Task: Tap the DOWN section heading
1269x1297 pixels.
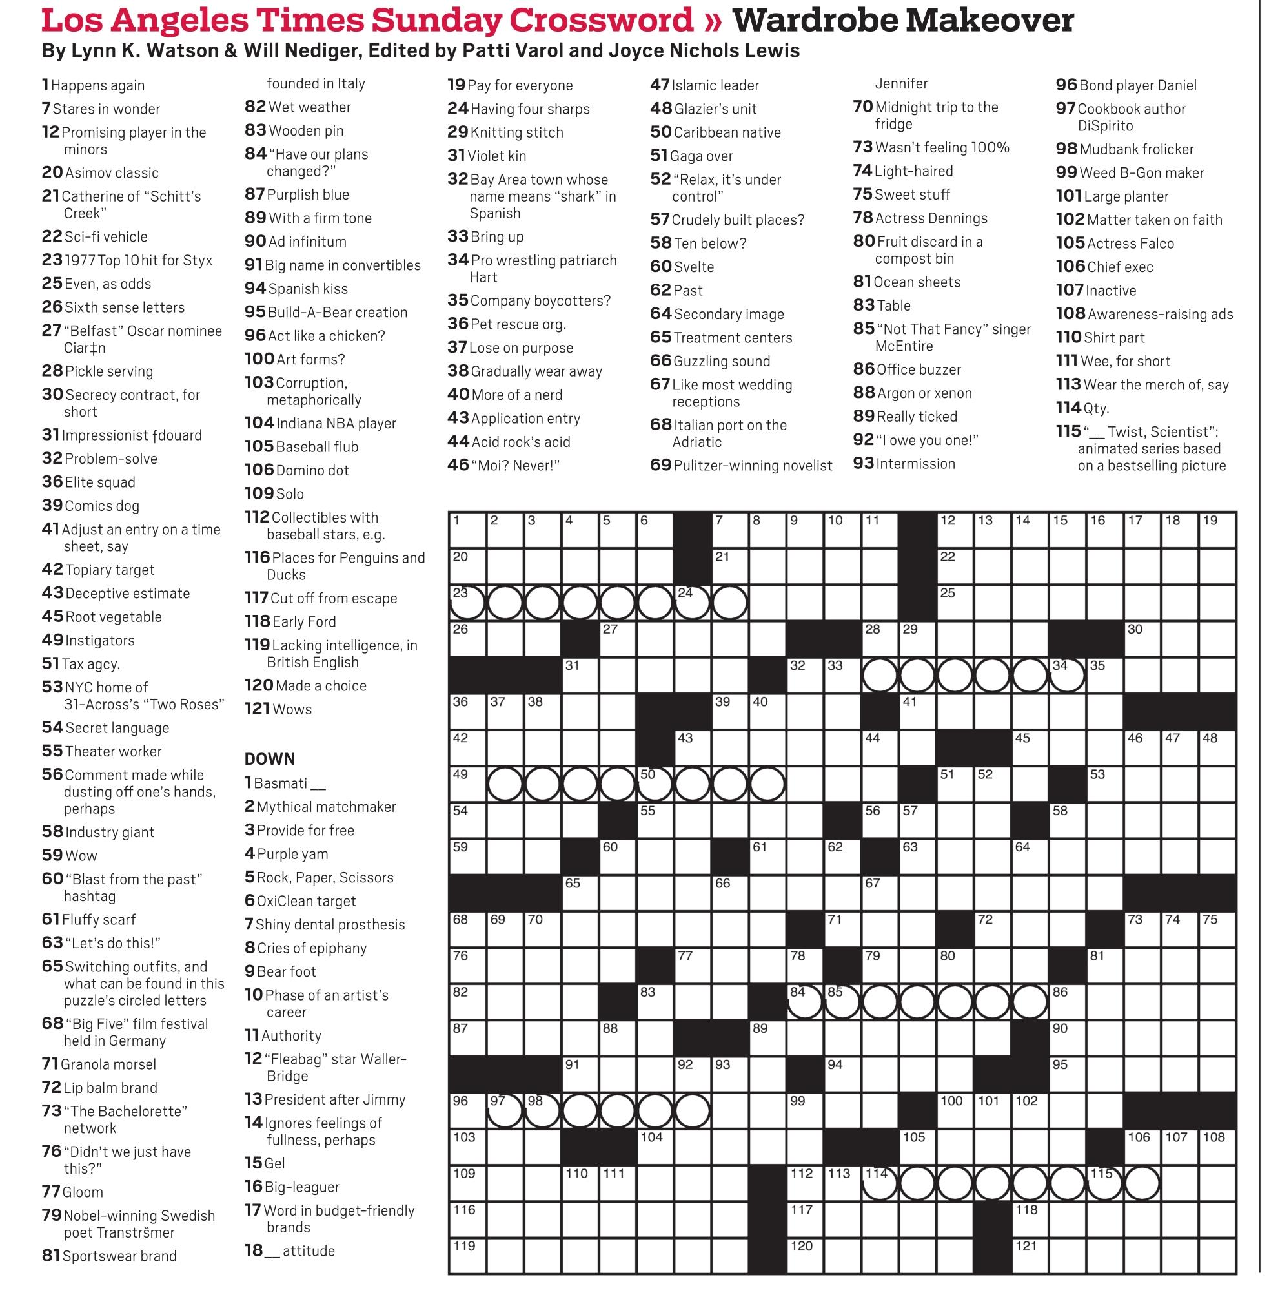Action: tap(269, 759)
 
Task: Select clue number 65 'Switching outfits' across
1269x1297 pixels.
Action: tap(134, 983)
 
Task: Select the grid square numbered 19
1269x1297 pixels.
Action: tap(1217, 531)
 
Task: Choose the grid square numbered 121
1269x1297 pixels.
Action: tap(1030, 1256)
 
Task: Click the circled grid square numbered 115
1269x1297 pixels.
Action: tap(1105, 1183)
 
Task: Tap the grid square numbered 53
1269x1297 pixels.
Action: tap(1105, 784)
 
